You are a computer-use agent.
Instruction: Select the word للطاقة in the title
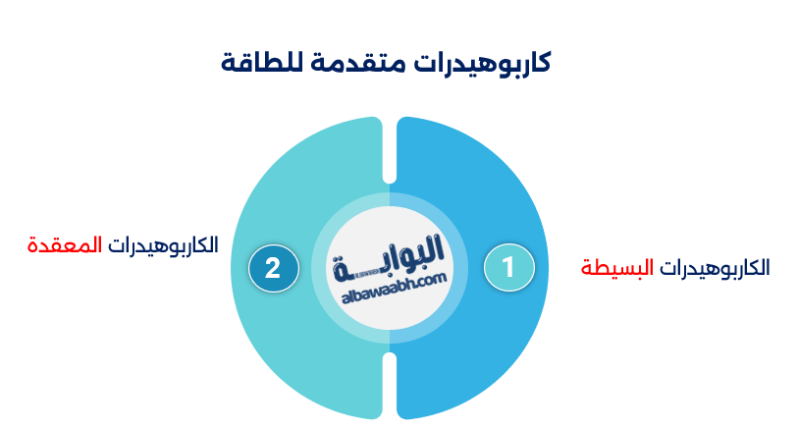(262, 64)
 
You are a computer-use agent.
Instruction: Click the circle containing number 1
(508, 267)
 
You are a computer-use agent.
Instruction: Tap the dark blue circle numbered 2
(273, 267)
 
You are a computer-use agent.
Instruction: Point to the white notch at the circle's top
(390, 147)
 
